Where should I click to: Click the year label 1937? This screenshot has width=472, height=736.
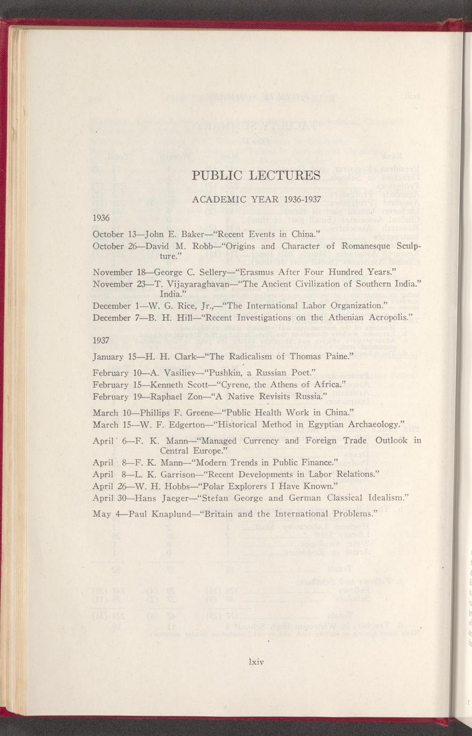click(101, 340)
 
